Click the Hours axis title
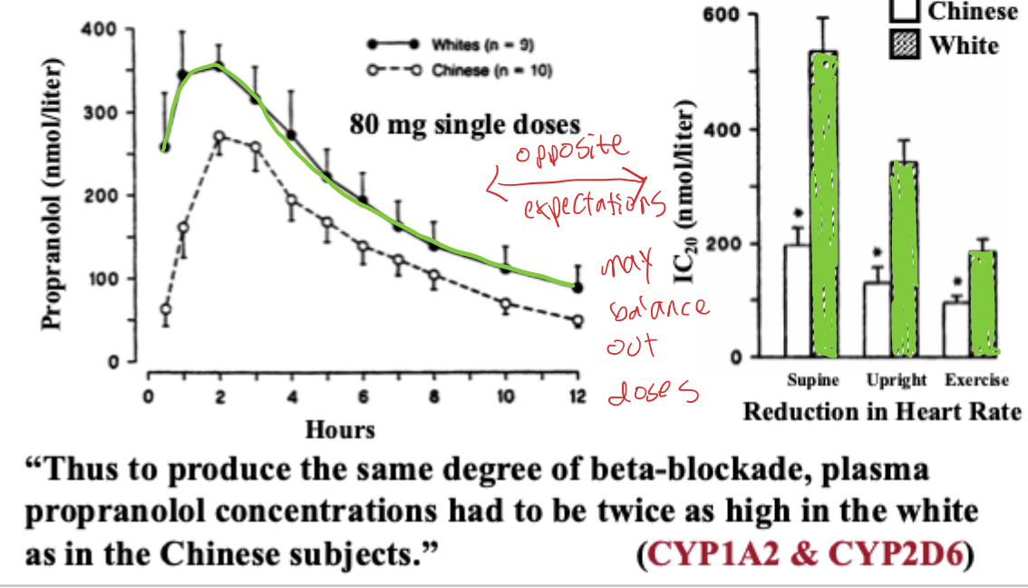point(340,428)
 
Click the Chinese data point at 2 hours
point(219,137)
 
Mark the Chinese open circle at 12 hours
point(577,320)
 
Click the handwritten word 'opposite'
point(570,149)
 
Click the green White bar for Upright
point(903,259)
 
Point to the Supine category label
point(813,379)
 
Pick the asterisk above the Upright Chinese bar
point(876,255)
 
